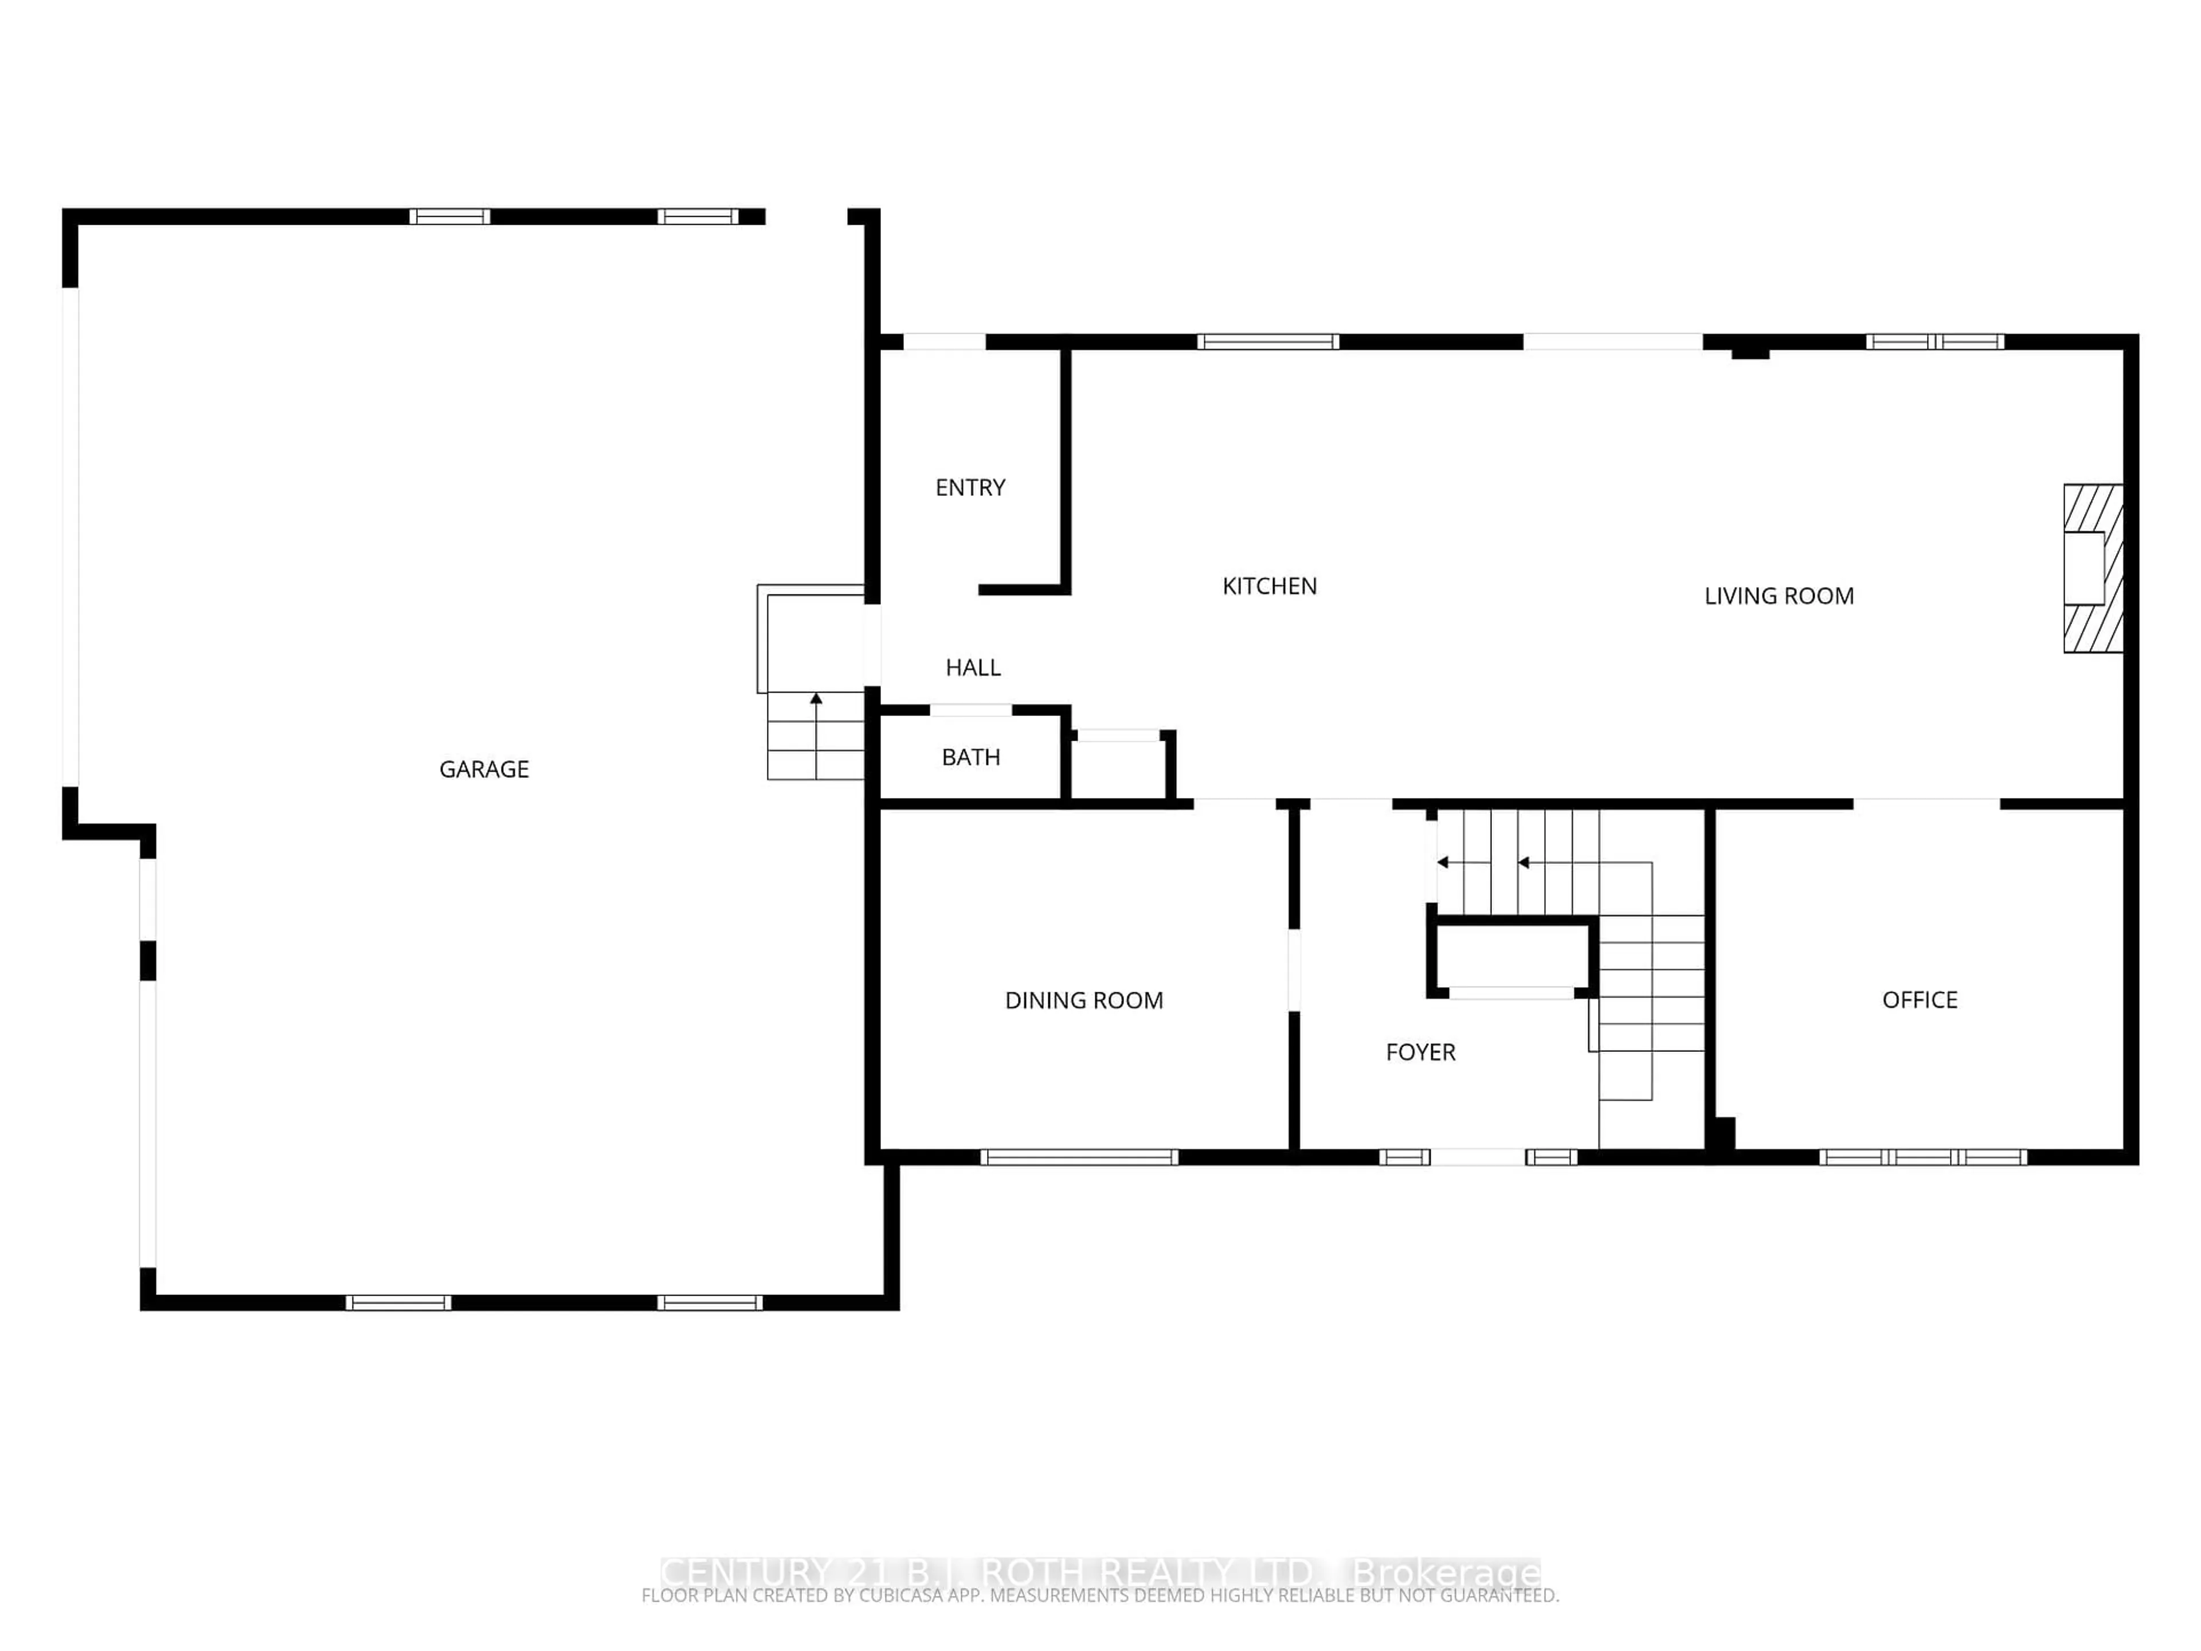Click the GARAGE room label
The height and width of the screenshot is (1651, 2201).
click(x=484, y=769)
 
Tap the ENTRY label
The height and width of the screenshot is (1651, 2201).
click(x=970, y=488)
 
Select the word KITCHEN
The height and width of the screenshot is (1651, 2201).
click(x=1268, y=586)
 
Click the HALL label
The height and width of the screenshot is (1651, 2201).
click(x=972, y=668)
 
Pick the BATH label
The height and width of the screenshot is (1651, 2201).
click(x=970, y=757)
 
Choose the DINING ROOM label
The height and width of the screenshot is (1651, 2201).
click(x=1083, y=1000)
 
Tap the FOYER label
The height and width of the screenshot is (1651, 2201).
click(x=1420, y=1052)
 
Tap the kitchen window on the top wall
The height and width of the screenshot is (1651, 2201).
click(x=1268, y=341)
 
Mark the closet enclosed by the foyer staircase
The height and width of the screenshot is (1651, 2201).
click(x=1510, y=958)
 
